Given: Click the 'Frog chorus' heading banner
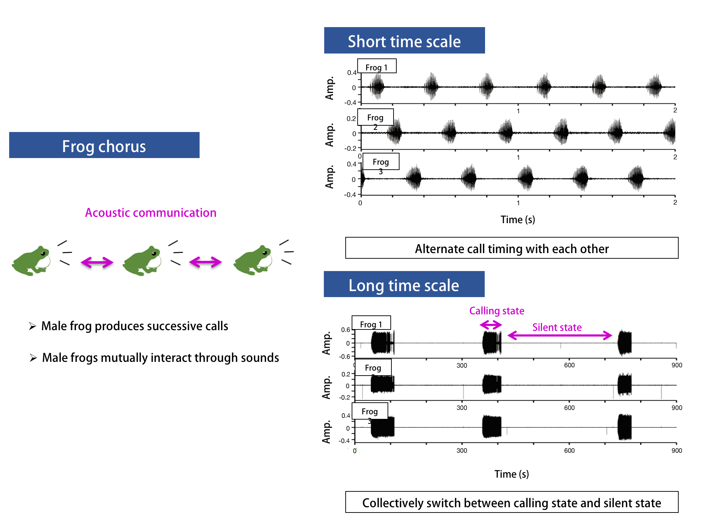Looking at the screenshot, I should tap(104, 145).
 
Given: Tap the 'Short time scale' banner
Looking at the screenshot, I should tap(404, 41).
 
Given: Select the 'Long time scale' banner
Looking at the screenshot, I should tap(404, 284).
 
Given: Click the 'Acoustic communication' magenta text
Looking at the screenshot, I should tap(151, 213).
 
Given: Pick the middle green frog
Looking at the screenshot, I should tap(142, 261).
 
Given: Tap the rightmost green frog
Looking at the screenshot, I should tap(253, 260).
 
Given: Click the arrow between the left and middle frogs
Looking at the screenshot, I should tap(97, 262).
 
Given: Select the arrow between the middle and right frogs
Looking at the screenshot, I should tap(205, 262).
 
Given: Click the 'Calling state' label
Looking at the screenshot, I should tap(497, 311).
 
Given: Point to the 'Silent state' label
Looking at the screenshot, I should tap(557, 327).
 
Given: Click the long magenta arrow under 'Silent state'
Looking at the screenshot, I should tap(560, 335).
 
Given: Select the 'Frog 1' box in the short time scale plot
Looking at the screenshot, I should tap(377, 66).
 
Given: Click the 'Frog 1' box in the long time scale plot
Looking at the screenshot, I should tap(371, 323).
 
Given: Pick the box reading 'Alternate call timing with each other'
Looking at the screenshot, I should tap(511, 248).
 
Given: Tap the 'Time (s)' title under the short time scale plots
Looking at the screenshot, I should tap(517, 220).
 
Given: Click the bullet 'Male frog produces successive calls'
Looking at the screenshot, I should tap(134, 326).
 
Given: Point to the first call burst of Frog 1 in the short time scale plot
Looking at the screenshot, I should tap(378, 87).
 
